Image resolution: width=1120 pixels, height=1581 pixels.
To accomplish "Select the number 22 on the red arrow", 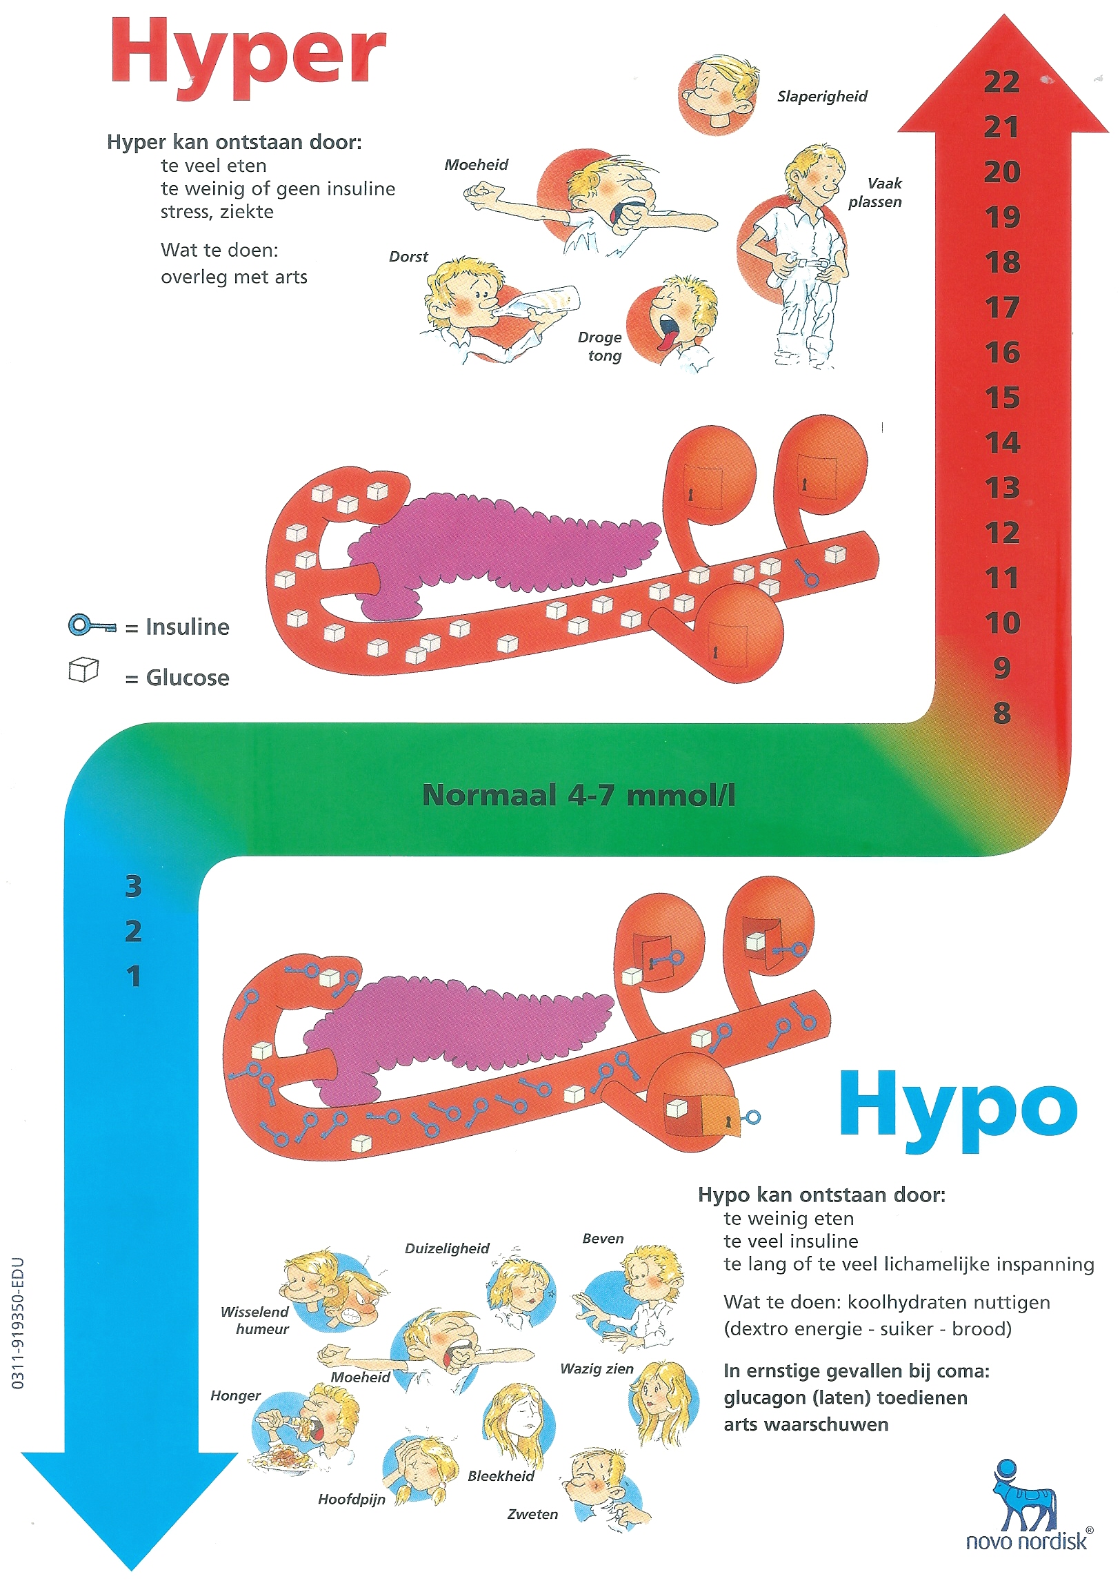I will coord(1001,83).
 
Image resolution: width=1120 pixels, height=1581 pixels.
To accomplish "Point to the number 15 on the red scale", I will coord(1002,398).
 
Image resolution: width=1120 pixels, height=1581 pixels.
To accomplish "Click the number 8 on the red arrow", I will coord(1002,714).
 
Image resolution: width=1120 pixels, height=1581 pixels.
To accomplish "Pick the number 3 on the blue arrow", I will coord(133,887).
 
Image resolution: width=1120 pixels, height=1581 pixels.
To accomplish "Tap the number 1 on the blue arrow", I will coord(134,976).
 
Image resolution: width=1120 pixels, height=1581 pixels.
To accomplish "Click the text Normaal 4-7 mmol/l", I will coord(579,795).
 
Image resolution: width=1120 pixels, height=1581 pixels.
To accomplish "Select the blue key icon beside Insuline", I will coord(92,626).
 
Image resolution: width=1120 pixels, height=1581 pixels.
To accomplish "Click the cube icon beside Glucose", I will coord(83,670).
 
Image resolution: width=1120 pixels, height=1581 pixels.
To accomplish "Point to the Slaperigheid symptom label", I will coord(822,97).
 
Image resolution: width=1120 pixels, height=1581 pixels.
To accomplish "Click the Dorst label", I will coord(408,257).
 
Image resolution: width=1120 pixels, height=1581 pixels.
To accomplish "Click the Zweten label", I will coord(532,1514).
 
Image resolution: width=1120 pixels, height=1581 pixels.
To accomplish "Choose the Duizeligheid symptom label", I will coord(447,1248).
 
